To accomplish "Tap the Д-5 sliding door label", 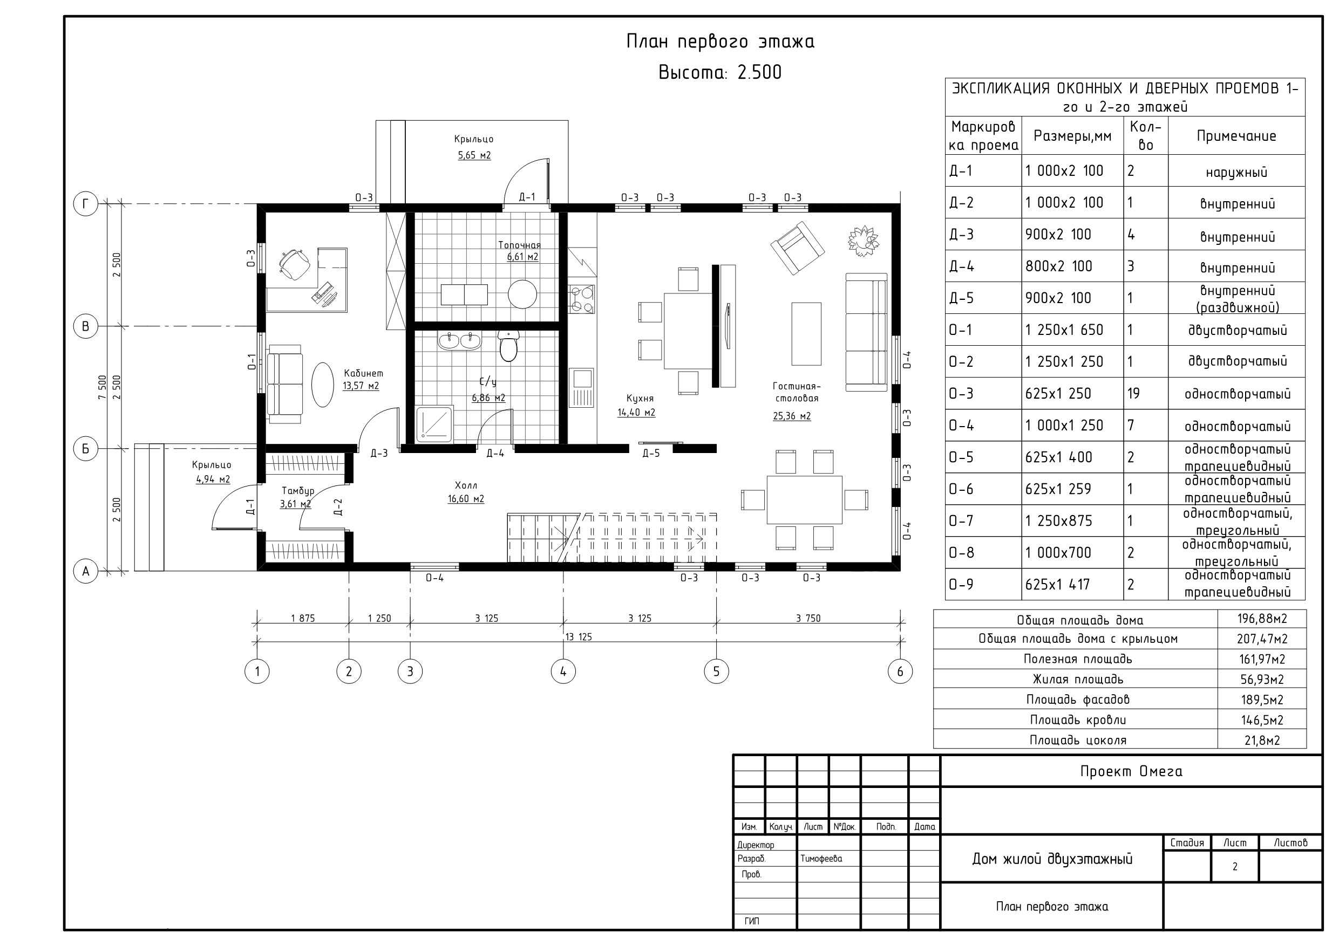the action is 651,454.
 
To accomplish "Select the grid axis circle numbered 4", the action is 563,671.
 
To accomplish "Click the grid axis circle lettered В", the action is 86,326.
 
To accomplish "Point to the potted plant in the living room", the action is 863,240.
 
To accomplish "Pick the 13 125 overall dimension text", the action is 579,637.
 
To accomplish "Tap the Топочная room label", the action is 519,245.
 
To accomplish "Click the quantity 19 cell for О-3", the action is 1133,393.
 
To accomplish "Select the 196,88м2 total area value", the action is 1262,619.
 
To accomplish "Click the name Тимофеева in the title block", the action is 821,859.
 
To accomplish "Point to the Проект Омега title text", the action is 1131,771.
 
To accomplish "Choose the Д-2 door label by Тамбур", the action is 338,507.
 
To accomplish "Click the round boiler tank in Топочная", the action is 522,294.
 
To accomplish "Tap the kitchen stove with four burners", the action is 581,299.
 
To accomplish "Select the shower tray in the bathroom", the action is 434,424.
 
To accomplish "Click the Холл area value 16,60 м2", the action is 466,499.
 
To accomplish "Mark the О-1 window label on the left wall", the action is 252,362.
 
